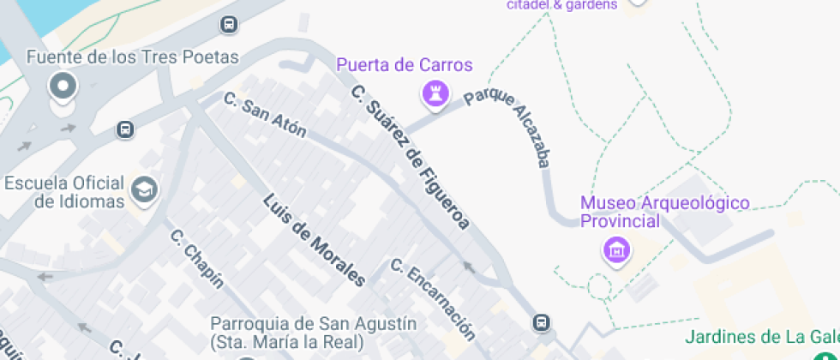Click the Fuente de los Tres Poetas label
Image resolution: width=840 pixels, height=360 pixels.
(x=132, y=57)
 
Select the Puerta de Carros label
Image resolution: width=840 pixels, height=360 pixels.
(x=404, y=66)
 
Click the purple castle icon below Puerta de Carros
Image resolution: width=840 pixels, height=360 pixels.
(x=435, y=93)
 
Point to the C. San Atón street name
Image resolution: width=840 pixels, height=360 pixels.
(x=264, y=115)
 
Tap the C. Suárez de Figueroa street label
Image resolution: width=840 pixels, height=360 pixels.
(x=411, y=157)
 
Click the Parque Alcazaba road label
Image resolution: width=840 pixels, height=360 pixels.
(x=507, y=128)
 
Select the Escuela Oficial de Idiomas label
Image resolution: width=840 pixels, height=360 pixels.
(x=64, y=192)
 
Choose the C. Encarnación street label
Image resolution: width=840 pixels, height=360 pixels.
(x=432, y=297)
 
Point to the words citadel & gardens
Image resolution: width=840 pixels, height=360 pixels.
(x=562, y=4)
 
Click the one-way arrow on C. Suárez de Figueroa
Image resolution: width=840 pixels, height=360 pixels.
(x=468, y=267)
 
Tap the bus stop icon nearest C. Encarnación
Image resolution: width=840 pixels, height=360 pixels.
(x=541, y=322)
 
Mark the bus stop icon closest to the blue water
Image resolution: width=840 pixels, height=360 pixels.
(x=229, y=25)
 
